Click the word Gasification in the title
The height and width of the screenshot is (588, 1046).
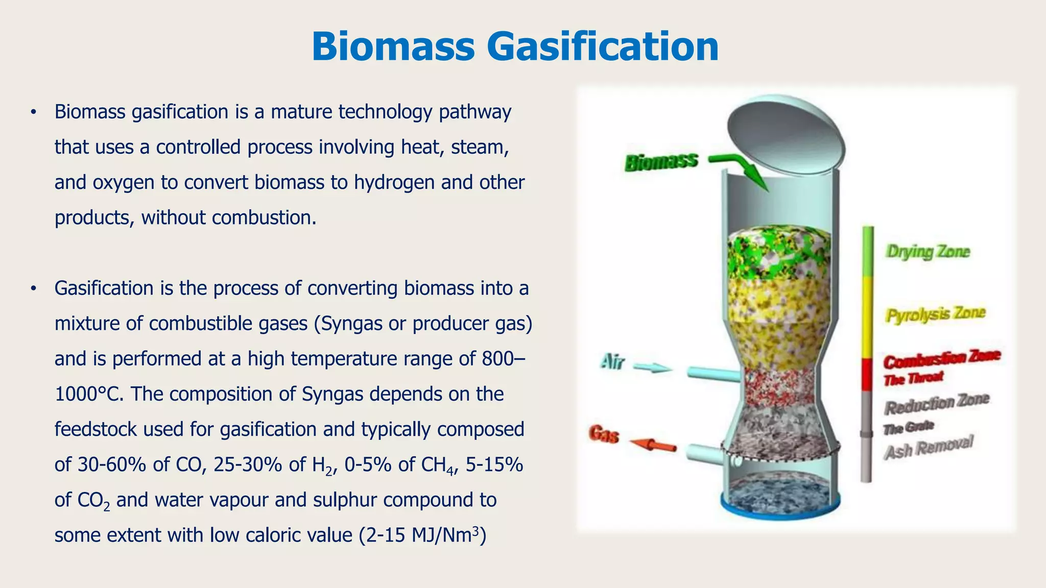[x=603, y=47]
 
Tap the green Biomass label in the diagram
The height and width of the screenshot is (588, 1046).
[x=661, y=162]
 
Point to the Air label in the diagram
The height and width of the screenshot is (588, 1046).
[x=612, y=362]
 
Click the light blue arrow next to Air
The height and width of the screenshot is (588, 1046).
[x=653, y=367]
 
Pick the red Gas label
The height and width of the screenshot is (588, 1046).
[x=604, y=434]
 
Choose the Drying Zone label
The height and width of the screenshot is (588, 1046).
[x=928, y=252]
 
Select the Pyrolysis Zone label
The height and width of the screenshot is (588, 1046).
[x=935, y=314]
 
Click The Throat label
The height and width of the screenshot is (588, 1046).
[x=914, y=379]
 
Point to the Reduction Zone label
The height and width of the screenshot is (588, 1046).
[x=937, y=404]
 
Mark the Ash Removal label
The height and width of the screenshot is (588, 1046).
[x=929, y=448]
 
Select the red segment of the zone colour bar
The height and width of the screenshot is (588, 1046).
[x=867, y=374]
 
